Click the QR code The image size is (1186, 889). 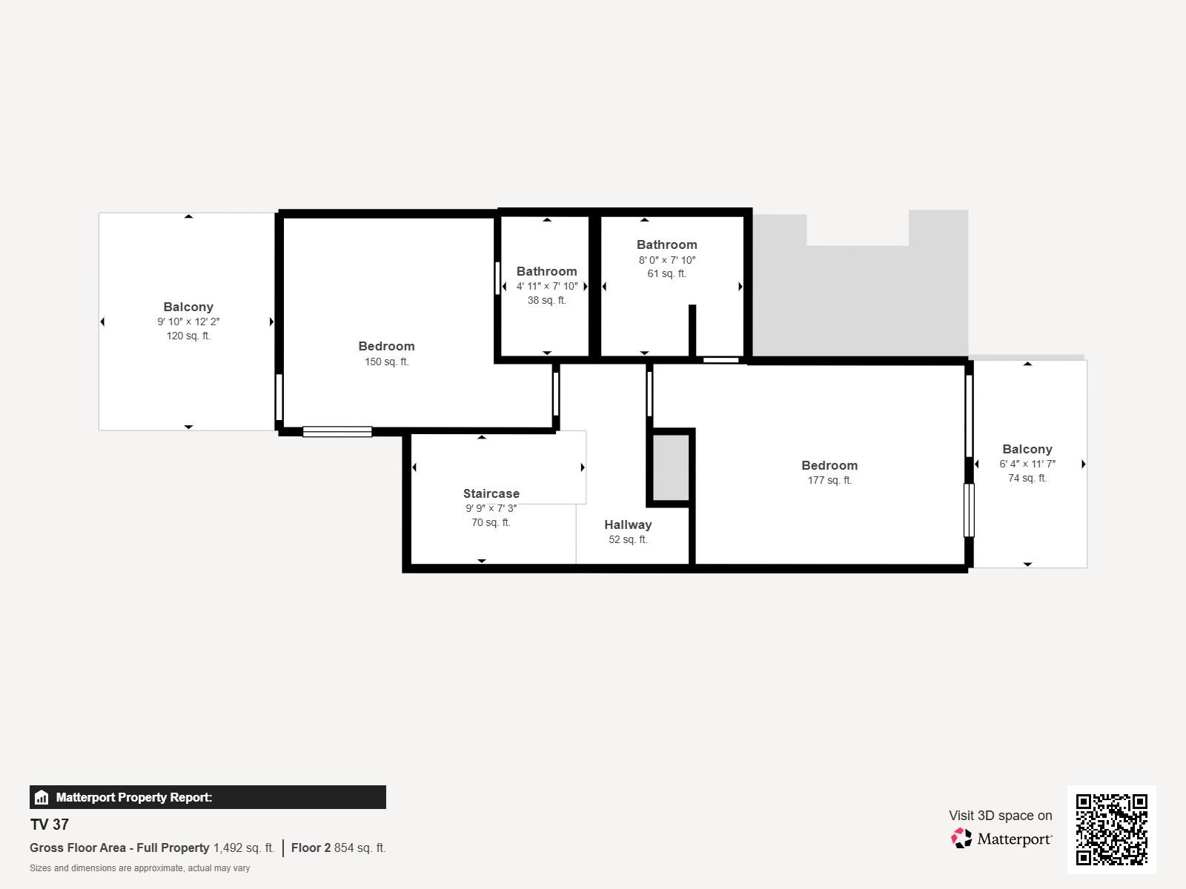click(1111, 829)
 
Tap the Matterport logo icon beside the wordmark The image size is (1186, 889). click(961, 839)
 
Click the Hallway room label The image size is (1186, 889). click(628, 525)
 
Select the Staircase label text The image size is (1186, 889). click(491, 493)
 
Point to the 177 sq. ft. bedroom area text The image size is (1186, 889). click(829, 480)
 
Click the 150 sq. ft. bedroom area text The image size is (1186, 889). click(386, 362)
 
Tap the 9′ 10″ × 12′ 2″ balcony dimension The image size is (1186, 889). click(188, 322)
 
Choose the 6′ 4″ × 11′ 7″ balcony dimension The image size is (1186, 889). click(1027, 464)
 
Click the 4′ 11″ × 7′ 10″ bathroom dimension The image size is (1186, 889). click(547, 286)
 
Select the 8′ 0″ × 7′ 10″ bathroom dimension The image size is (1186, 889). click(666, 259)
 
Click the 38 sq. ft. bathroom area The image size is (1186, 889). click(547, 300)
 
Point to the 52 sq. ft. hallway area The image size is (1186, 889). click(628, 539)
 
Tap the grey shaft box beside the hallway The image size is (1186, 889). click(671, 467)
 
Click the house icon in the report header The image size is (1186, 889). click(42, 797)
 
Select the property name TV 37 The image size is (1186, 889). click(49, 825)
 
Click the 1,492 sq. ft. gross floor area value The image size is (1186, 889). click(244, 848)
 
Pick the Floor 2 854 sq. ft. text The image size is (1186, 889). click(338, 848)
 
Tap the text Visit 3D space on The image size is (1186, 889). click(1000, 815)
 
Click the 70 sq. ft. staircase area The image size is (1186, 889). click(491, 522)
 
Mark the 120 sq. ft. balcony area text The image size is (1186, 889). click(188, 336)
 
